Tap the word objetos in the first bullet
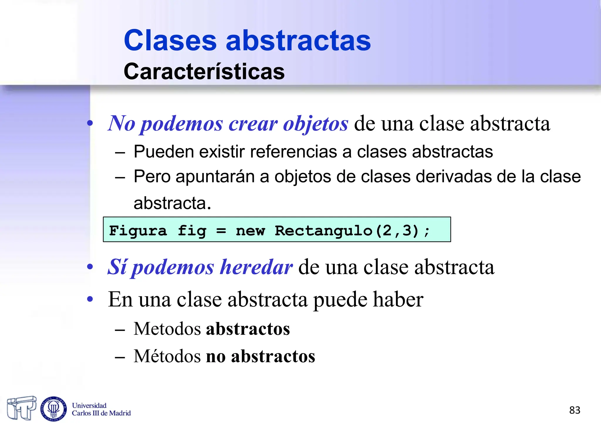315,123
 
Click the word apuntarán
215,177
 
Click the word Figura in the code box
138,231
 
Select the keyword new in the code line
250,231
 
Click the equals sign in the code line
221,231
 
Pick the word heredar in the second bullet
256,267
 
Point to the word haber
398,300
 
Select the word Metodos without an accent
167,329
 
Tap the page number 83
575,410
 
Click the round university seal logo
53,409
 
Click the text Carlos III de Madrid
101,413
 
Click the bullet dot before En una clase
90,300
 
